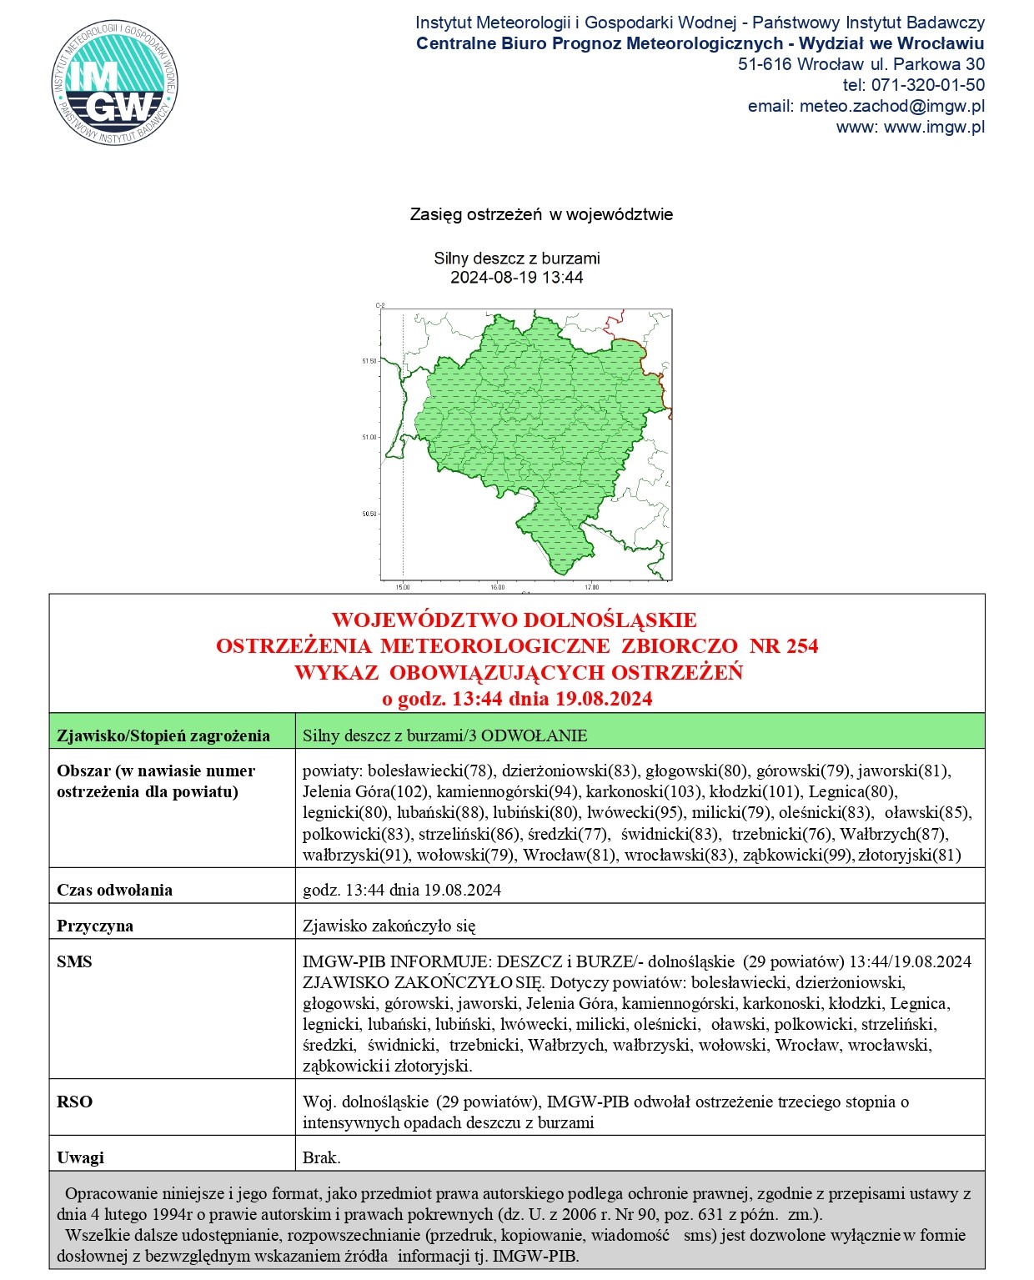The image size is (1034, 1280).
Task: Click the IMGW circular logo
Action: [x=114, y=83]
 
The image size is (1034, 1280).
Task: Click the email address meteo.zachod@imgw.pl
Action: [x=891, y=106]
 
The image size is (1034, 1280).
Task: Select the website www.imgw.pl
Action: [x=934, y=128]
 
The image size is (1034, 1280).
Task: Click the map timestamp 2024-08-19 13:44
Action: [x=516, y=278]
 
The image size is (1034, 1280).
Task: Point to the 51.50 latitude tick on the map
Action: [x=369, y=361]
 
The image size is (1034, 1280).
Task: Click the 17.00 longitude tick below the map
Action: [x=591, y=587]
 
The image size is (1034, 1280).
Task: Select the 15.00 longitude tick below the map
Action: [x=403, y=587]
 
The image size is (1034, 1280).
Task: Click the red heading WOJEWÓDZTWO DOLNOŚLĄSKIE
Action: [x=514, y=620]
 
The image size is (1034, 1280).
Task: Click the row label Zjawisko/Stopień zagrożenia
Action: [x=163, y=735]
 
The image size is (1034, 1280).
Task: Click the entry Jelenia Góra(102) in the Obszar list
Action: [x=366, y=791]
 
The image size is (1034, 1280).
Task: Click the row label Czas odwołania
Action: [x=114, y=890]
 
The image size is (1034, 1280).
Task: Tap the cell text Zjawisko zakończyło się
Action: [x=389, y=926]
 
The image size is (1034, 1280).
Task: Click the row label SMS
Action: [x=74, y=961]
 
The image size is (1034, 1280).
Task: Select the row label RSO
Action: [x=74, y=1102]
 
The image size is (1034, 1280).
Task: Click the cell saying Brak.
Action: [x=321, y=1157]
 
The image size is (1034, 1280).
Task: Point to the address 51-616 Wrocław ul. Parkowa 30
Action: [x=861, y=64]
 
